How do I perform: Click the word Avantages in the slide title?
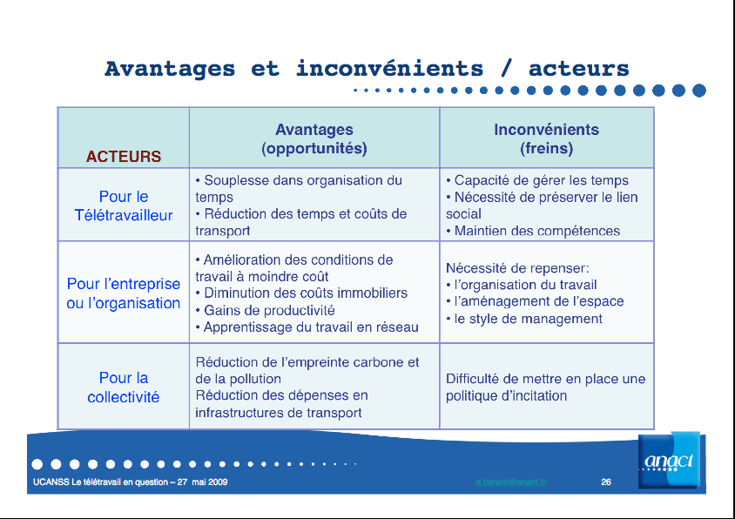170,69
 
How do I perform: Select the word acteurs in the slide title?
578,69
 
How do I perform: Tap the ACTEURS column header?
124,157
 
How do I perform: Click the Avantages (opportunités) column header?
314,139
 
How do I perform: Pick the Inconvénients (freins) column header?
546,139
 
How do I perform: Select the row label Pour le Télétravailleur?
124,206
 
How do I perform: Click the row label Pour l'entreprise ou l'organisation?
124,293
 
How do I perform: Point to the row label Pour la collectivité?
124,387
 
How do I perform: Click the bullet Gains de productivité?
269,310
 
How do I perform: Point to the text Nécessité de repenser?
517,268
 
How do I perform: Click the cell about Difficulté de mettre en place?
545,388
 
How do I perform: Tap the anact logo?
669,461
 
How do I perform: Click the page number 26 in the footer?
606,482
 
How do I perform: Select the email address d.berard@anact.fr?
510,482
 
